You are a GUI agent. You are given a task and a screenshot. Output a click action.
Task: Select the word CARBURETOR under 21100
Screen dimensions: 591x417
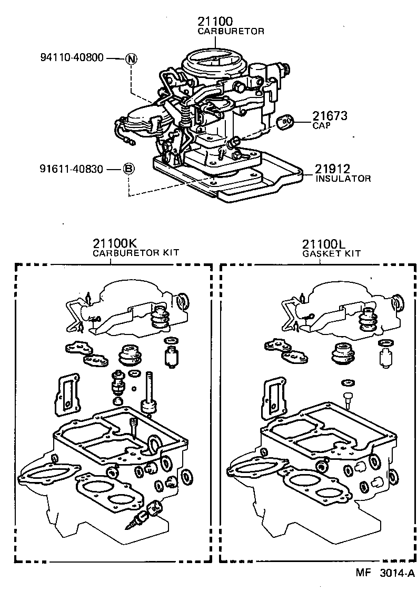pyautogui.click(x=231, y=32)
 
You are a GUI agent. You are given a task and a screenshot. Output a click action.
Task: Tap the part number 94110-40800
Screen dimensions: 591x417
pyautogui.click(x=72, y=58)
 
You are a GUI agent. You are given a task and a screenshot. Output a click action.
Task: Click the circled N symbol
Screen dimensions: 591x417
pyautogui.click(x=131, y=58)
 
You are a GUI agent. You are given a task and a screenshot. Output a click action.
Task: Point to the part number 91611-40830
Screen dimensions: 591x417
pyautogui.click(x=72, y=169)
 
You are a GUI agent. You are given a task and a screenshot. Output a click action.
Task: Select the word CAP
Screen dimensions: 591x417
pyautogui.click(x=321, y=126)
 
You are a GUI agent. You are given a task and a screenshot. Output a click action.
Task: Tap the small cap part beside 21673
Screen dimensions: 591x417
pyautogui.click(x=285, y=122)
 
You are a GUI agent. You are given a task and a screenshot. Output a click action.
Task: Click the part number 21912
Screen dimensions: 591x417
pyautogui.click(x=333, y=169)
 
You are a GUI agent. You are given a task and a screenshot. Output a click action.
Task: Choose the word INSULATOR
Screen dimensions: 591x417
pyautogui.click(x=343, y=179)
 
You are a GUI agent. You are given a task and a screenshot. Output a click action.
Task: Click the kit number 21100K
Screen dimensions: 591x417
pyautogui.click(x=115, y=243)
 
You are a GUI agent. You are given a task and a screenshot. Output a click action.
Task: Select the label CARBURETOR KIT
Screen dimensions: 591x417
pyautogui.click(x=136, y=253)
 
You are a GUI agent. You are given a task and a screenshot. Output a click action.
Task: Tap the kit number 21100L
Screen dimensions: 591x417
pyautogui.click(x=324, y=243)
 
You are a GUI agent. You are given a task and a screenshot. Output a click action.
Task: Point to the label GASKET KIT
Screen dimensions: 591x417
pyautogui.click(x=331, y=253)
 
